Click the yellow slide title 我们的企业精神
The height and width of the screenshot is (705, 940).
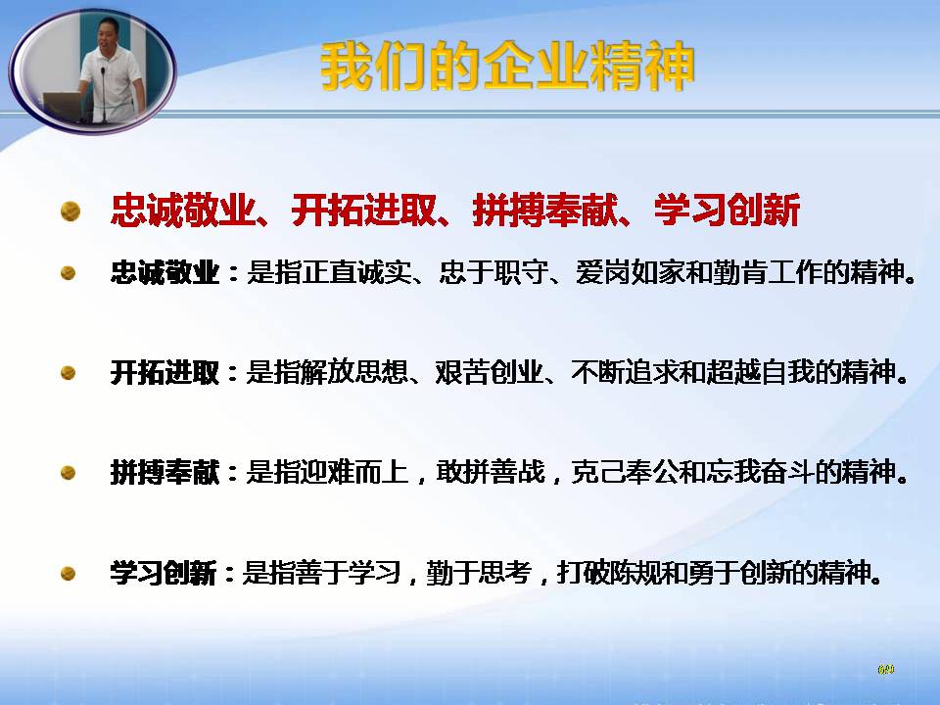point(507,67)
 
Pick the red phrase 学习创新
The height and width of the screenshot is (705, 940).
point(727,210)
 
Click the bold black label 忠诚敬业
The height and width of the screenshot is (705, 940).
point(164,272)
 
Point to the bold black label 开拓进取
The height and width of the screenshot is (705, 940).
point(164,372)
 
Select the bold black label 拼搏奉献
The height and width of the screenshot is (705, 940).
point(164,472)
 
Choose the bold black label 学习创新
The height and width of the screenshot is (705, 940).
point(164,573)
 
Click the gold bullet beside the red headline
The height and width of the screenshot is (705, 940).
point(70,211)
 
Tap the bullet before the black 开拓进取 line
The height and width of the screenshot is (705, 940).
point(68,373)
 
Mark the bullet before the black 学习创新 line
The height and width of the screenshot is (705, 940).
point(68,574)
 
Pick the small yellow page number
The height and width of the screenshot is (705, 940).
point(885,669)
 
